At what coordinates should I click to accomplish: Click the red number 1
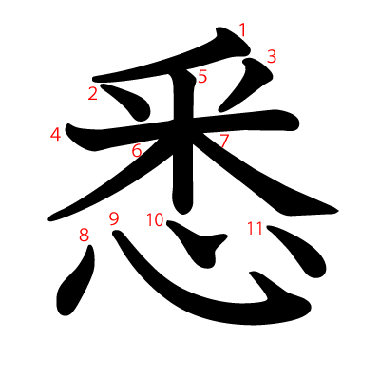[x=242, y=29]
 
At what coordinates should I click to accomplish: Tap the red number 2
[x=93, y=93]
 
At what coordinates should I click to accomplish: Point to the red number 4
[x=56, y=134]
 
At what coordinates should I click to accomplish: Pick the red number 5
[x=202, y=76]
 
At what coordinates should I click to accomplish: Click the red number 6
[x=137, y=150]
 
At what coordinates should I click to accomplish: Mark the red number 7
[x=224, y=142]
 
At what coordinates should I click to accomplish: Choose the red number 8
[x=84, y=235]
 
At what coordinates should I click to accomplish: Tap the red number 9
[x=114, y=218]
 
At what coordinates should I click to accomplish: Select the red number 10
[x=155, y=220]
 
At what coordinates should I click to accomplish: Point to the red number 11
[x=255, y=228]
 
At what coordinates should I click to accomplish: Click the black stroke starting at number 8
[x=76, y=281]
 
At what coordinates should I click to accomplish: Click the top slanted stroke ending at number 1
[x=161, y=66]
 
